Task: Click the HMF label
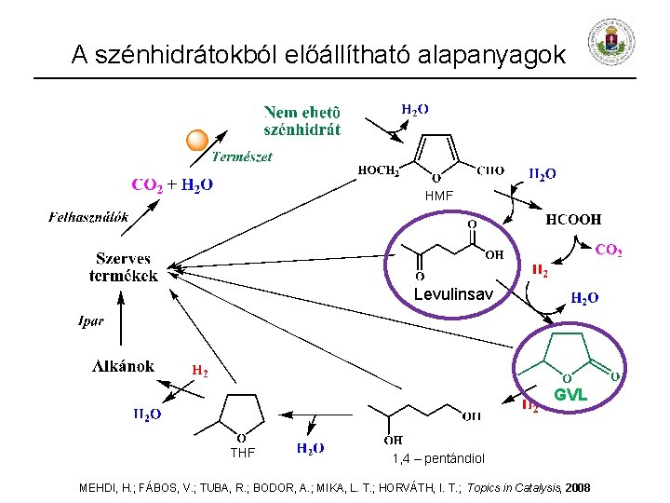(x=438, y=196)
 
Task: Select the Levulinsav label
(x=451, y=294)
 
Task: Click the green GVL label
(x=570, y=395)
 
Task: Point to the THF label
(x=242, y=453)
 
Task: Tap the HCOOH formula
(x=572, y=220)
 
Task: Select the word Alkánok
(x=123, y=365)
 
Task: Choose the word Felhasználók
(x=87, y=217)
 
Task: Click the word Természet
(x=242, y=156)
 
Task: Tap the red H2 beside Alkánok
(x=199, y=371)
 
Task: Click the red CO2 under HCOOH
(x=609, y=251)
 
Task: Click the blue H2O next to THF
(x=310, y=448)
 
